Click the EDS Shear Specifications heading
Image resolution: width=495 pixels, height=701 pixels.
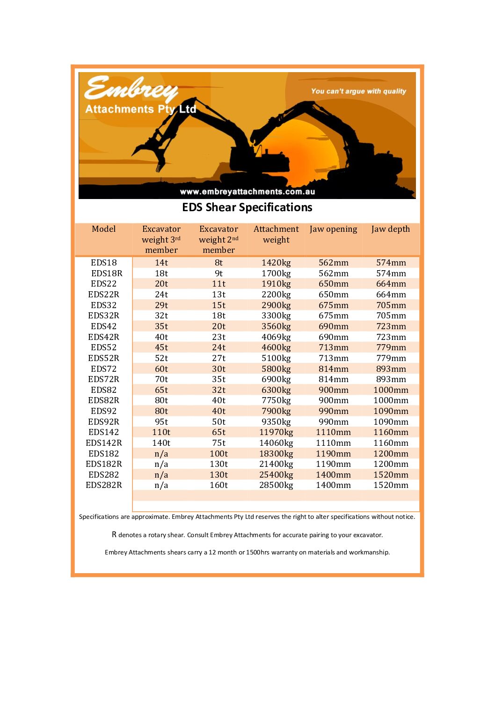[x=247, y=207]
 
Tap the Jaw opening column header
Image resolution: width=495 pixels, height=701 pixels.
[x=333, y=229]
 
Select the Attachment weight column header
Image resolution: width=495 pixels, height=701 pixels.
[x=276, y=234]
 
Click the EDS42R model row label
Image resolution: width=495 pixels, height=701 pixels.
[x=103, y=337]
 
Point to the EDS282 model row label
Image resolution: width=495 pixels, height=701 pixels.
[x=103, y=475]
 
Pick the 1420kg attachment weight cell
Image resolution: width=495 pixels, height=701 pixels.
[x=276, y=263]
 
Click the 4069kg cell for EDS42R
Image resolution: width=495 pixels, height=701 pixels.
[x=276, y=337]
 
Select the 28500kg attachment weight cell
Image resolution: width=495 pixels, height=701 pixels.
[x=276, y=485]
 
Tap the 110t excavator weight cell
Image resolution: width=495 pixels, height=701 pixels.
[x=161, y=432]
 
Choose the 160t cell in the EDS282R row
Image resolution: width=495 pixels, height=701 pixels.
[x=218, y=485]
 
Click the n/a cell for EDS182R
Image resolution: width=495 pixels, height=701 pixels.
[x=161, y=464]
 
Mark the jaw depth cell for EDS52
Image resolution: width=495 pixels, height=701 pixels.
[x=391, y=347]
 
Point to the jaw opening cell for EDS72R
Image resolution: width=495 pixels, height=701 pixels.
[x=333, y=379]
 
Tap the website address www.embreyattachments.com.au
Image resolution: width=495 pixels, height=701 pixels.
[x=247, y=192]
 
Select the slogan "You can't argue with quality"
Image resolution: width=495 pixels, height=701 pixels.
[x=358, y=91]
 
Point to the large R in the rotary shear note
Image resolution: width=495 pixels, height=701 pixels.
[x=114, y=534]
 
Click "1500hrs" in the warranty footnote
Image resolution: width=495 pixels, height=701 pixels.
[x=258, y=553]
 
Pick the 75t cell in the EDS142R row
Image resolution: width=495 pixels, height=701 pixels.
[x=218, y=443]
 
